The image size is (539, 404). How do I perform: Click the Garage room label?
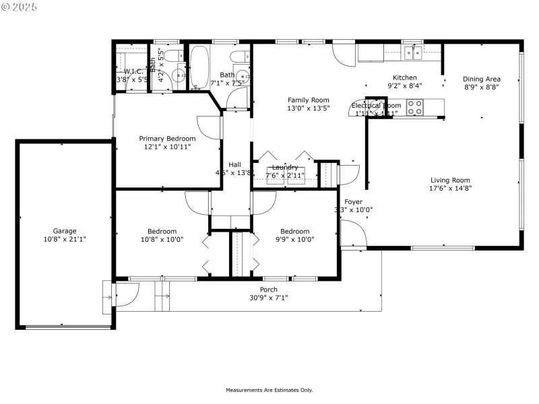[x=65, y=230]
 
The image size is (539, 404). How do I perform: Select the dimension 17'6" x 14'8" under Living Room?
[x=451, y=189]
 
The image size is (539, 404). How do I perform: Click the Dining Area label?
[x=481, y=79]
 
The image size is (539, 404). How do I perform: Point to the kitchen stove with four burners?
[x=415, y=108]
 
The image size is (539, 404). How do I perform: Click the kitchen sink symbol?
[x=413, y=51]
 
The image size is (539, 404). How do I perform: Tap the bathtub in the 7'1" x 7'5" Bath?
[x=199, y=67]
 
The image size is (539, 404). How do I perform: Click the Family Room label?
[x=309, y=100]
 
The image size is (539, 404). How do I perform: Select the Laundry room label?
[x=285, y=167]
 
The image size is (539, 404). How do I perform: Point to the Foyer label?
[x=354, y=201]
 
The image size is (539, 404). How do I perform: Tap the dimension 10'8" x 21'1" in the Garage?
[x=65, y=238]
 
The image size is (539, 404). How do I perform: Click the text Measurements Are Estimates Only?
[x=269, y=390]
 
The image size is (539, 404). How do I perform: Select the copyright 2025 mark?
[x=20, y=6]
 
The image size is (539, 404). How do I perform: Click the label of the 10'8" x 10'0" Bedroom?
[x=162, y=231]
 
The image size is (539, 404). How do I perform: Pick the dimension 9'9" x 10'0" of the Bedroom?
[x=295, y=239]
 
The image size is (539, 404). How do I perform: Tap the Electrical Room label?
[x=377, y=106]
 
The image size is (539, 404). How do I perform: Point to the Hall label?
[x=234, y=164]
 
